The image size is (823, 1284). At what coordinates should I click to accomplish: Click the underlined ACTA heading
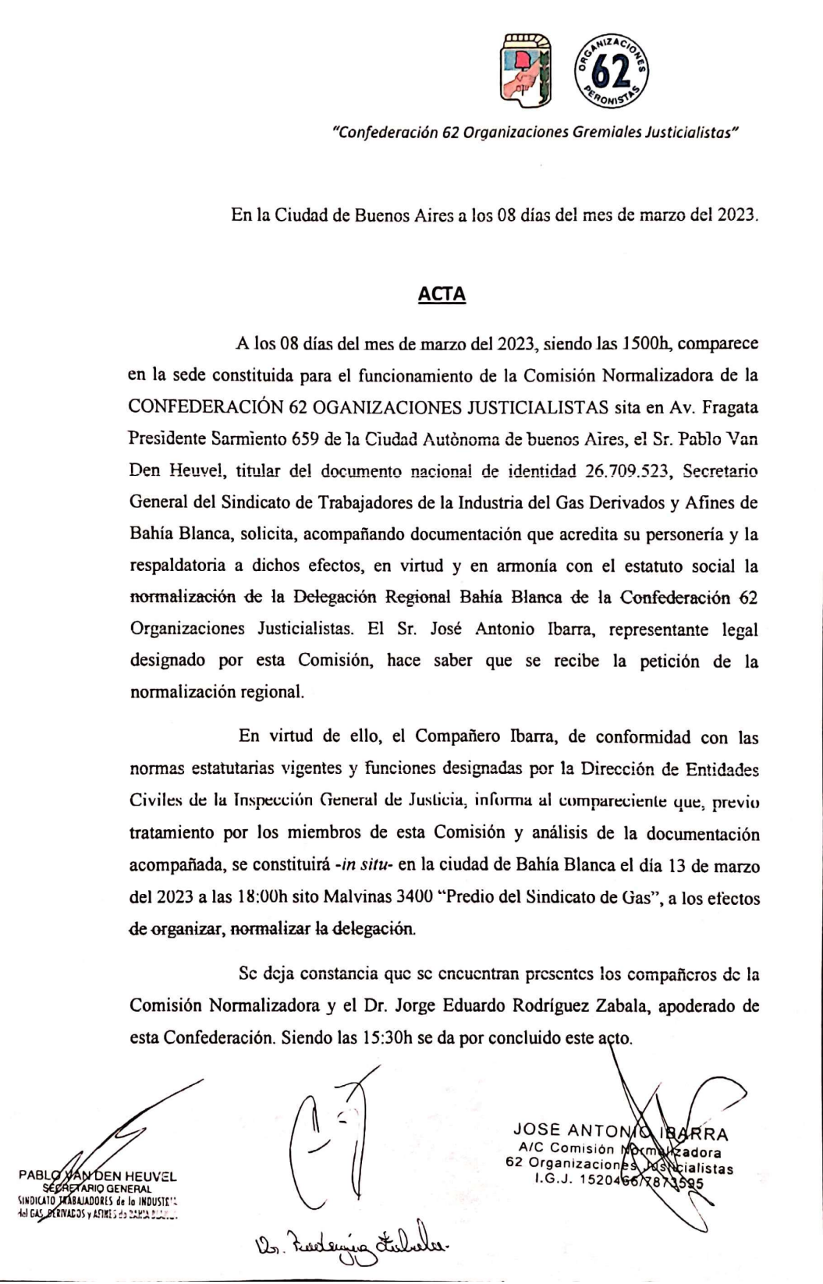click(442, 294)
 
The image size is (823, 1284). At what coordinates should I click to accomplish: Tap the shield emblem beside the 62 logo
click(527, 70)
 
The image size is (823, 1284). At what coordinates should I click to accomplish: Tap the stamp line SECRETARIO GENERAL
click(98, 1189)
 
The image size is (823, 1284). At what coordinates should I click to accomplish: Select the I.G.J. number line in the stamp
click(619, 1182)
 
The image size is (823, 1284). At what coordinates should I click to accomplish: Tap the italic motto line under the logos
click(535, 133)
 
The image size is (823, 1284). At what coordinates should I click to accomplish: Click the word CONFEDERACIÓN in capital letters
click(205, 407)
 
